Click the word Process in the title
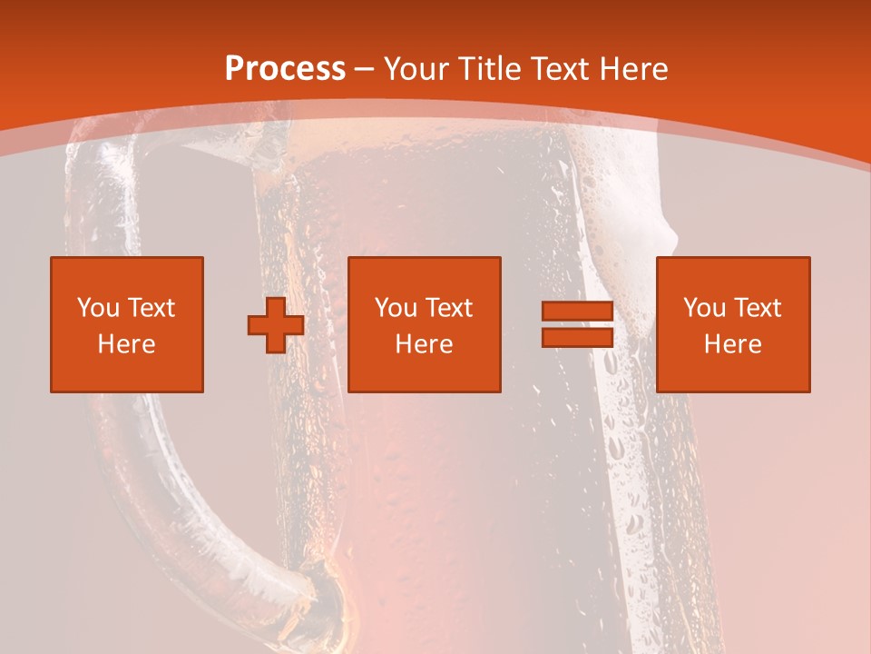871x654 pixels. click(x=285, y=69)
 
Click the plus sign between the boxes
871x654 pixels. click(x=276, y=325)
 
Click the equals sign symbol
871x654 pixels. click(x=577, y=325)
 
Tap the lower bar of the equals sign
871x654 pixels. click(x=577, y=338)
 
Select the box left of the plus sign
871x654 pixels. click(x=127, y=324)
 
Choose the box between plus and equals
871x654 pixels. click(x=425, y=324)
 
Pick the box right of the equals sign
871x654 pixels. click(x=733, y=324)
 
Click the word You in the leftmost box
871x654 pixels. click(x=98, y=308)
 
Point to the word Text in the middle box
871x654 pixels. click(x=449, y=308)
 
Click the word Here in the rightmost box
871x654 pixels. click(x=733, y=344)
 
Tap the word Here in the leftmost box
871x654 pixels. click(x=127, y=344)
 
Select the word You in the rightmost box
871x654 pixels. click(x=704, y=308)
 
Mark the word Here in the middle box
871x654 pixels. click(x=425, y=344)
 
